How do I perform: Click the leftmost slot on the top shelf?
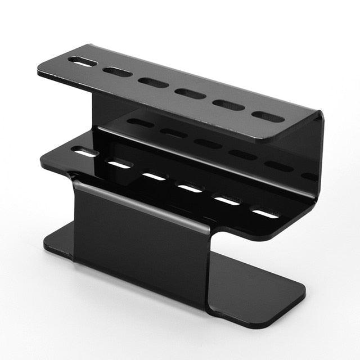point(82,61)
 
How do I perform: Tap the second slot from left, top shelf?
point(118,72)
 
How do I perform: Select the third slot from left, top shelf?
point(154,83)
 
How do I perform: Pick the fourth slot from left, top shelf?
point(190,93)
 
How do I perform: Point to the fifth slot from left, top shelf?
point(228,105)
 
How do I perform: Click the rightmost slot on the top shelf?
point(268,116)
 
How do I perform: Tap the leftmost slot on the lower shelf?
point(84,152)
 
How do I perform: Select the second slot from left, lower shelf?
point(119,164)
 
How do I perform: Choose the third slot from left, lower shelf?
point(154,176)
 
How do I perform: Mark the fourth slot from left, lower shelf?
point(190,188)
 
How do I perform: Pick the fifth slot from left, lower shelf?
point(227,200)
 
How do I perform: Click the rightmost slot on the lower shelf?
point(265,213)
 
